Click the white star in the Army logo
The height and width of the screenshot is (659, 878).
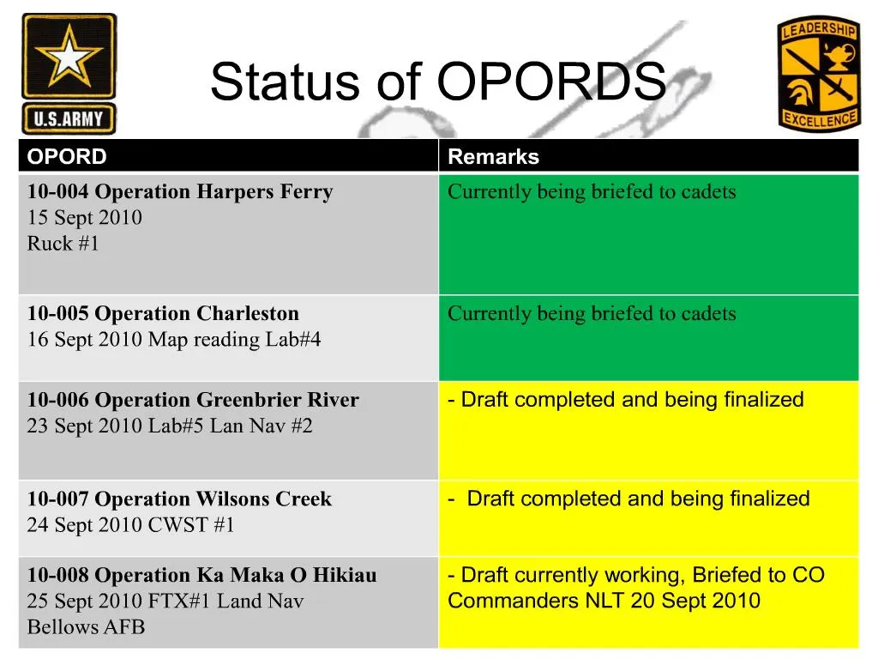[69, 58]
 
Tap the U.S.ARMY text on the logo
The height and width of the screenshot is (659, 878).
[69, 118]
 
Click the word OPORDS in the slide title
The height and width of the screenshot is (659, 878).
[550, 83]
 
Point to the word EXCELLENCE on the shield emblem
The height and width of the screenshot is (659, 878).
[819, 120]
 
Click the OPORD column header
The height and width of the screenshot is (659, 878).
[67, 157]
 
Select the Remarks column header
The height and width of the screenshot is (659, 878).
[493, 157]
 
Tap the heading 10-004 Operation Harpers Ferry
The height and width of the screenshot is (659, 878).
[180, 191]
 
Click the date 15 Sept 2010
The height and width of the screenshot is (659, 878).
[85, 217]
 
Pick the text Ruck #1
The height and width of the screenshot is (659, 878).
[63, 244]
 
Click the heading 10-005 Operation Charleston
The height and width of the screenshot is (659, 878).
[163, 313]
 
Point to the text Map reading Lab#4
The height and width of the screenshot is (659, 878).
[234, 340]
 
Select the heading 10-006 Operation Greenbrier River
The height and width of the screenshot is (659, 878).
[193, 400]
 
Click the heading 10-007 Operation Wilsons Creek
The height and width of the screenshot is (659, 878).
[179, 499]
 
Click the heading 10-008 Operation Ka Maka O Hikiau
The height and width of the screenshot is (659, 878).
[201, 575]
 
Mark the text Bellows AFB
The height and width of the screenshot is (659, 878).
[86, 627]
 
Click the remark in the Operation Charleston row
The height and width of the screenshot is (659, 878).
[592, 313]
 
